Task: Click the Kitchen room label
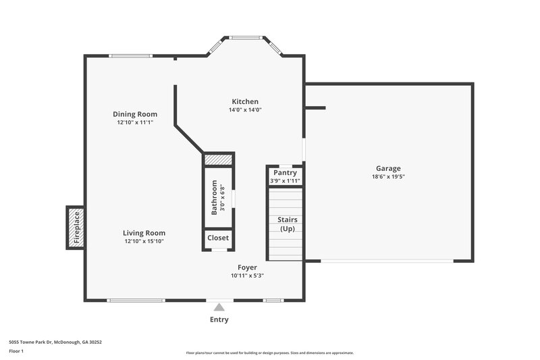(x=244, y=101)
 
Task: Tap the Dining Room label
(x=135, y=114)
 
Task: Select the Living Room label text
(x=144, y=233)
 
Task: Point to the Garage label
(x=388, y=169)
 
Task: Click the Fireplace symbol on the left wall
(x=75, y=228)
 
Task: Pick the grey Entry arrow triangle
(x=219, y=307)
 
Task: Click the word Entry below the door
(x=219, y=319)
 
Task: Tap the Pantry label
(x=285, y=173)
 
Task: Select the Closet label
(x=218, y=238)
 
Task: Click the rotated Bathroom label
(x=215, y=196)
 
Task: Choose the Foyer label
(x=247, y=267)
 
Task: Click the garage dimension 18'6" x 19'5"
(x=388, y=177)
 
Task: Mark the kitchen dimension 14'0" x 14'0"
(x=244, y=109)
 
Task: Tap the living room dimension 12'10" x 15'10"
(x=144, y=241)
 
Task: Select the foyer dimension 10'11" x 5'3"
(x=247, y=276)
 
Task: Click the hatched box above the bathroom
(x=218, y=159)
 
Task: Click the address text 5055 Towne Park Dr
(x=55, y=342)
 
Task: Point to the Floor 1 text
(x=17, y=352)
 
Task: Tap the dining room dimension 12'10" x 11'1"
(x=135, y=122)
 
